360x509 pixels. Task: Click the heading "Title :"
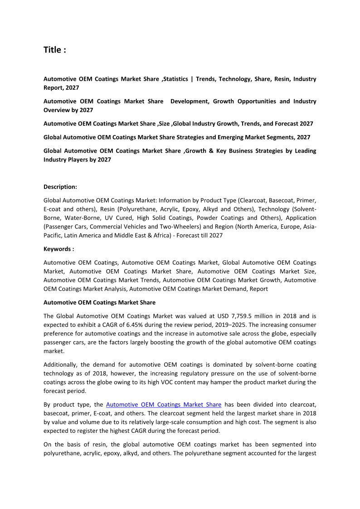[55, 50]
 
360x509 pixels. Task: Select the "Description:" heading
[60, 187]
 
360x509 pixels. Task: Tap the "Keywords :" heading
[59, 249]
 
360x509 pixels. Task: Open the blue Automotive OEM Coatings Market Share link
[164, 404]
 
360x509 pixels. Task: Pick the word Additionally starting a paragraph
[61, 364]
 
